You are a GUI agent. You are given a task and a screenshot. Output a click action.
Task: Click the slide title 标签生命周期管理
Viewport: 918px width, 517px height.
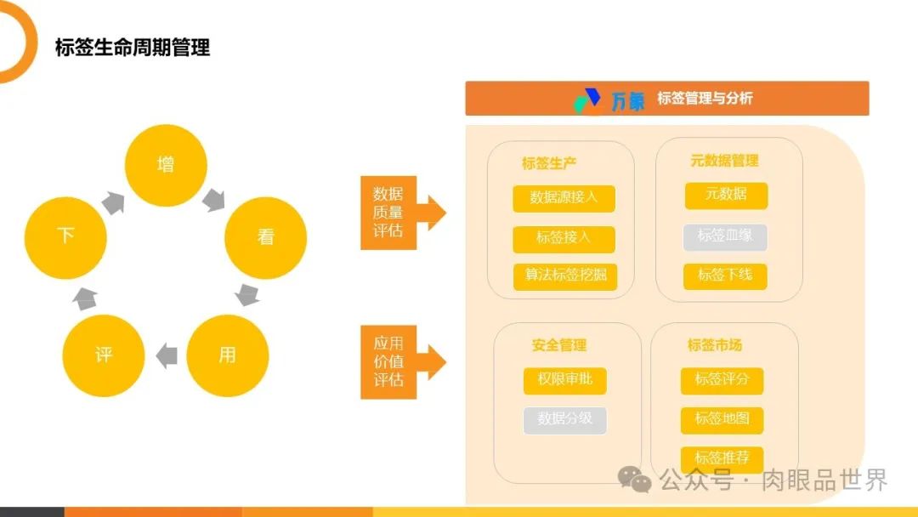click(133, 48)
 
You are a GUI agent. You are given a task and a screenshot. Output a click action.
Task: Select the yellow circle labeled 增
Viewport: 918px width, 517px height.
click(166, 165)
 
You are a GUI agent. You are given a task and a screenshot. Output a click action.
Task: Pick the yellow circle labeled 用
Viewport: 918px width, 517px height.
click(227, 355)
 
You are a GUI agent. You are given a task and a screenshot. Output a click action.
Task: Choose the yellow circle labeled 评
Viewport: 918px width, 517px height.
click(104, 355)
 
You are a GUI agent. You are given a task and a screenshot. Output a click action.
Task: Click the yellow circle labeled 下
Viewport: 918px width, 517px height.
click(65, 236)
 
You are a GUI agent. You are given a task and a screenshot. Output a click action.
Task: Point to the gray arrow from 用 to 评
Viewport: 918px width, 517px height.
click(167, 355)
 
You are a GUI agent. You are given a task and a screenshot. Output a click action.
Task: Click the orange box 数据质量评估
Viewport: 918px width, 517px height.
click(388, 213)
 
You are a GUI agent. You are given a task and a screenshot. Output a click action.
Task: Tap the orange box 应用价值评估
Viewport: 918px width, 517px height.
click(388, 362)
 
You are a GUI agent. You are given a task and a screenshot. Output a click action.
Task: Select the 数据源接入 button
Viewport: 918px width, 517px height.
click(564, 198)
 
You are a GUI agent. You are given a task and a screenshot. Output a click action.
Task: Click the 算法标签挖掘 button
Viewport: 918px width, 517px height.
click(564, 276)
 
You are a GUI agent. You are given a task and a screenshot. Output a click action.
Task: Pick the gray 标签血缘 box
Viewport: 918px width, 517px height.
click(725, 236)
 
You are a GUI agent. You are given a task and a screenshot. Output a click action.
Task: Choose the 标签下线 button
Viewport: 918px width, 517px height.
click(725, 276)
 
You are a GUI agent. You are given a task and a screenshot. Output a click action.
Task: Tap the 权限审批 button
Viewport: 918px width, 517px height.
click(564, 380)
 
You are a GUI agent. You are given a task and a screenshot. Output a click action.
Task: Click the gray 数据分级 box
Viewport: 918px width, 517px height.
click(564, 419)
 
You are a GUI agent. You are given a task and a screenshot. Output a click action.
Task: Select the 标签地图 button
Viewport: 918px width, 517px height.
click(722, 419)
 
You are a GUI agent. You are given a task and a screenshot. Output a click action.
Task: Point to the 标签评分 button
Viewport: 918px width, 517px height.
click(722, 380)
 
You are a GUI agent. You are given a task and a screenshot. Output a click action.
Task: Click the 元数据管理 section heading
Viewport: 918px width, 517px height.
click(724, 161)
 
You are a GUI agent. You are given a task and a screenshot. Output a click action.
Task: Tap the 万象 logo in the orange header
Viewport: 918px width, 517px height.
click(609, 99)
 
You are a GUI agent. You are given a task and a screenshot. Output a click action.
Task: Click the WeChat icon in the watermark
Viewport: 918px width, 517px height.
click(635, 480)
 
